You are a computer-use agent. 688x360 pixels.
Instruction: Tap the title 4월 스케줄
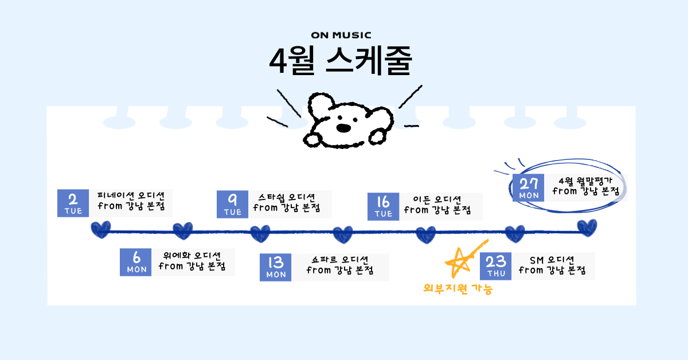click(341, 61)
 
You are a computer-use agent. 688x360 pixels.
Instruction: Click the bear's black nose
click(343, 128)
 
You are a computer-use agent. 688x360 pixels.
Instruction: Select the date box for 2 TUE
click(73, 203)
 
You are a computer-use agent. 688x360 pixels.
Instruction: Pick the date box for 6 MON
click(136, 262)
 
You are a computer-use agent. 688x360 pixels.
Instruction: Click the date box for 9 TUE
click(232, 204)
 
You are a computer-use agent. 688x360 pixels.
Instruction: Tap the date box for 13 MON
click(276, 267)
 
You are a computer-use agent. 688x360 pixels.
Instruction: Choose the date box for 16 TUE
click(383, 206)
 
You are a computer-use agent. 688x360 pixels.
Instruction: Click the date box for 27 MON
click(529, 187)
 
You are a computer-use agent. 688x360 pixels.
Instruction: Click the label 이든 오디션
click(437, 199)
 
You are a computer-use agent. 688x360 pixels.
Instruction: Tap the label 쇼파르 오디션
click(340, 259)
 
